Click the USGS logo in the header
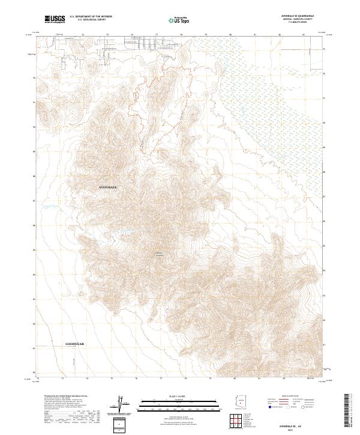coord(55,19)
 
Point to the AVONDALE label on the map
coord(108,188)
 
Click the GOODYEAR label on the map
coord(75,344)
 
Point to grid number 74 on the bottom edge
coord(88,379)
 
